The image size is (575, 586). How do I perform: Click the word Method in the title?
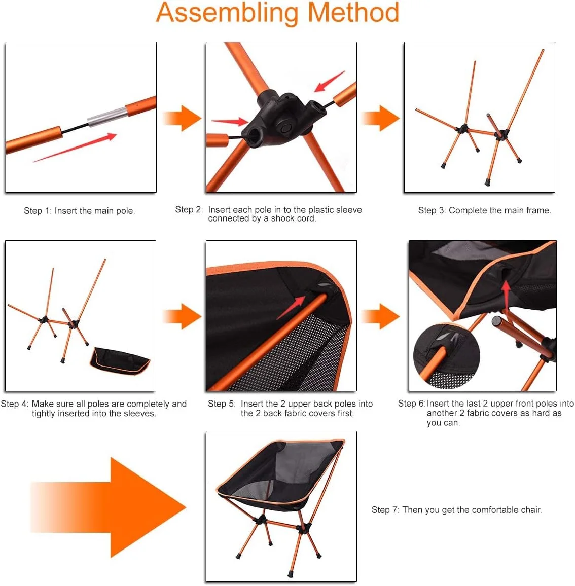tap(353, 13)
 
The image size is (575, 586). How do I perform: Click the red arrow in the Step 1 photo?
tap(75, 147)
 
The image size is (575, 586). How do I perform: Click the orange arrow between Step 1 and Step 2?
tap(183, 118)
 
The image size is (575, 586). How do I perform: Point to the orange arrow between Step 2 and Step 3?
tap(381, 118)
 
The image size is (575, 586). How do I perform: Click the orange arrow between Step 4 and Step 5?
tap(183, 316)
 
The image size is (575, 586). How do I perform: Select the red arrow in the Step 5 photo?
tap(291, 308)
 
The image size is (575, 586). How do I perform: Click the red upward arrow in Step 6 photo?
tap(506, 295)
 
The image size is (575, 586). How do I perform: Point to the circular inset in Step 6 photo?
tap(446, 356)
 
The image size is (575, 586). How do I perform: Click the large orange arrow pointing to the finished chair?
tap(109, 507)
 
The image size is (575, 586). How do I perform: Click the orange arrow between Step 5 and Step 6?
tap(381, 316)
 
